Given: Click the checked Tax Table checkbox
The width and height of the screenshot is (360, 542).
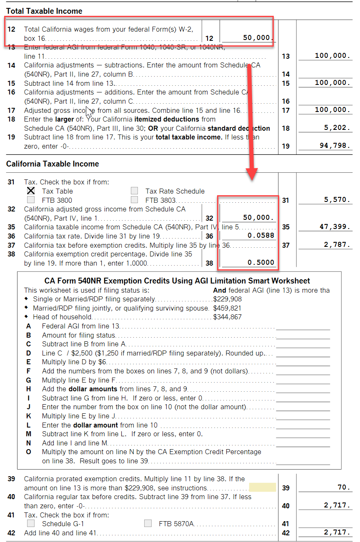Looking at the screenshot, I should pos(30,191).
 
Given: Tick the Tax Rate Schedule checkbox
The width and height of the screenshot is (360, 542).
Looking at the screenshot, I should pos(134,191).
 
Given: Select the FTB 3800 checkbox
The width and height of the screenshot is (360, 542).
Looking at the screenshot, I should pos(30,200).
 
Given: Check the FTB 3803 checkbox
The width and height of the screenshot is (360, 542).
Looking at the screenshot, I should pos(134,200).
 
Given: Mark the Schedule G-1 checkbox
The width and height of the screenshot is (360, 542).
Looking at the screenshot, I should pos(30,523).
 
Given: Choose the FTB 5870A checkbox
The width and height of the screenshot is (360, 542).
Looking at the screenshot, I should pos(147,523).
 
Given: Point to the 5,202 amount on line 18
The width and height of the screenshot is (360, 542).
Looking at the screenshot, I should pos(337,128).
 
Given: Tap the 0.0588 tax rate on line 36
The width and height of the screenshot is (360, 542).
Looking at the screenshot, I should pos(261,236).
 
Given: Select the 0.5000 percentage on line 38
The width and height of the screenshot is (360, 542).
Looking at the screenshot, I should pos(261,262).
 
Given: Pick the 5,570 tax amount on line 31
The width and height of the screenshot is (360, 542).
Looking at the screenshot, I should pos(337,200).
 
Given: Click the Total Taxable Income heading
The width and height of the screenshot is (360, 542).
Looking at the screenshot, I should pos(44,11).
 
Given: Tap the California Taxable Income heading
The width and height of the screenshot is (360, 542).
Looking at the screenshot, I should pos(53,164).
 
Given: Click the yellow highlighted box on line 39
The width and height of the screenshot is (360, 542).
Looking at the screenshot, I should pos(262,487).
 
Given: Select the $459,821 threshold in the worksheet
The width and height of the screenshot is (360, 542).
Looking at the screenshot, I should pos(227,308).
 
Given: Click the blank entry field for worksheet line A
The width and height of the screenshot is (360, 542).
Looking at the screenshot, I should pos(302,326).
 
